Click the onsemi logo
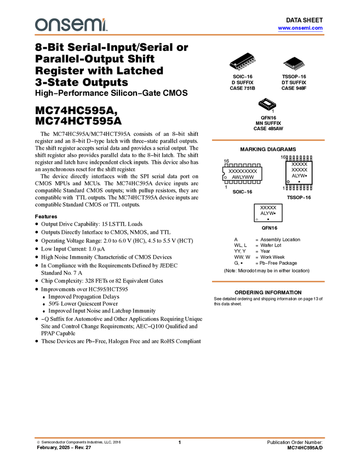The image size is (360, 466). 71,25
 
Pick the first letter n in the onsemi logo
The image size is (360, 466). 53,25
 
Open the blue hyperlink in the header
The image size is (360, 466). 300,29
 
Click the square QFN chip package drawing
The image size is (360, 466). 267,103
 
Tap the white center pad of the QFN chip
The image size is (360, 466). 267,103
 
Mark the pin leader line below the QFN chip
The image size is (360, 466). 268,110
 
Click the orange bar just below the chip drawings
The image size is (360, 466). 268,140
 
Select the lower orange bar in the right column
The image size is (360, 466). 268,281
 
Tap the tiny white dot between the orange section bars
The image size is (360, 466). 257,219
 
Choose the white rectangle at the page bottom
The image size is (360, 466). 168,453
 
